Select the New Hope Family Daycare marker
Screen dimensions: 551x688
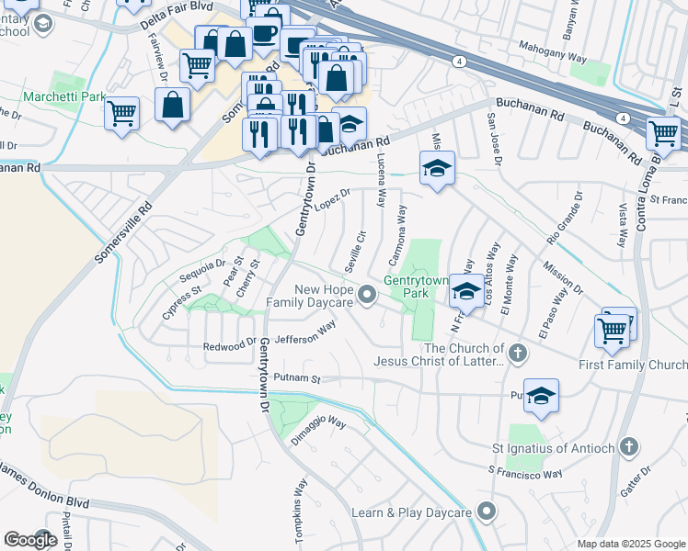pyautogui.click(x=368, y=295)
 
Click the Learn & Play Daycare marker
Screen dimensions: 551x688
pyautogui.click(x=487, y=512)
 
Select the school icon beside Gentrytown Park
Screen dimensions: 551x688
pyautogui.click(x=466, y=293)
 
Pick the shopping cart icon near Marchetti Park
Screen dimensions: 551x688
pyautogui.click(x=121, y=114)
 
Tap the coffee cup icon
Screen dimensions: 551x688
pyautogui.click(x=266, y=33)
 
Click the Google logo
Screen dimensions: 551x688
pyautogui.click(x=30, y=540)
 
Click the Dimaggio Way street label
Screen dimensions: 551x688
pyautogui.click(x=318, y=425)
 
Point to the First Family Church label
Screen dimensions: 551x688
pyautogui.click(x=633, y=365)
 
